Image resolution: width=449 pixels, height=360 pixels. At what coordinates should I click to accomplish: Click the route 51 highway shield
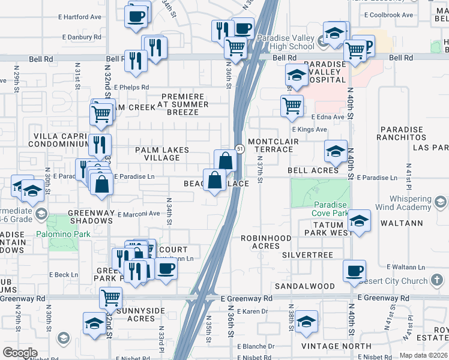(x=239, y=149)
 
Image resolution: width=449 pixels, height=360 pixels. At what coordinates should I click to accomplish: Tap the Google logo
(x=20, y=352)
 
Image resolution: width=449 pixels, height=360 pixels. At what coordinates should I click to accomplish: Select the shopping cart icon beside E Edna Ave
(x=292, y=106)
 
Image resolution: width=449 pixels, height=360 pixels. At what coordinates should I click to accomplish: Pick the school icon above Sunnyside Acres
(x=94, y=323)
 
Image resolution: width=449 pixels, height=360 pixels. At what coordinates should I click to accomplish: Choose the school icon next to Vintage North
(x=306, y=322)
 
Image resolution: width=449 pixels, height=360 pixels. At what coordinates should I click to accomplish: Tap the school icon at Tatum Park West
(x=359, y=221)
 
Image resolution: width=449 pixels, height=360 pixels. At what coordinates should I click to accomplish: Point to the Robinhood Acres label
(x=261, y=242)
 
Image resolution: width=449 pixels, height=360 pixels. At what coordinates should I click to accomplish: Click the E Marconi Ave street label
(x=139, y=214)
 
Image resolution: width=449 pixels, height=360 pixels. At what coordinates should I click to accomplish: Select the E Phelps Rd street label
(x=131, y=88)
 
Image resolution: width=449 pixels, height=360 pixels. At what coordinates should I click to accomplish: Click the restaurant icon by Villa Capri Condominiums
(x=100, y=145)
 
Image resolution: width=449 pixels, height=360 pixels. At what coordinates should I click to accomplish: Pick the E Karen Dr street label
(x=252, y=311)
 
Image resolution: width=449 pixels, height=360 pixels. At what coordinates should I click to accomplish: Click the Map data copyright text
(x=422, y=355)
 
